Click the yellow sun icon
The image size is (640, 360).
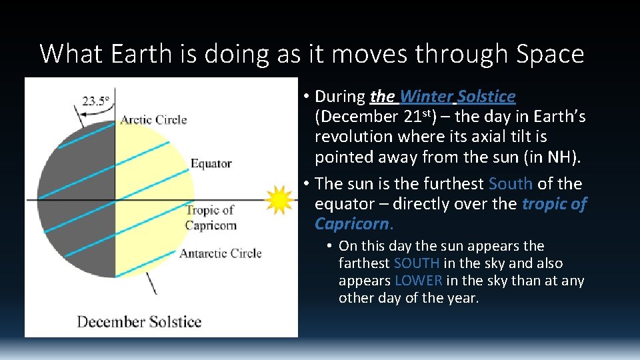coord(279,199)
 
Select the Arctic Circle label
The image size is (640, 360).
coord(153,120)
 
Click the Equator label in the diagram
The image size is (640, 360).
coord(211,163)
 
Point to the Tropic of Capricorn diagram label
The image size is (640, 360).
coord(210,218)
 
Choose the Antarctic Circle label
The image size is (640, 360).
coord(220,253)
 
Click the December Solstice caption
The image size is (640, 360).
coord(139,321)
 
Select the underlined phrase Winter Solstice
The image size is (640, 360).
coord(458,97)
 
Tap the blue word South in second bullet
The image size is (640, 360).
coord(510,183)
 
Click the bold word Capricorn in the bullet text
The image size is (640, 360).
coord(351,223)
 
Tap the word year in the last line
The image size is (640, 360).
coord(461,298)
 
